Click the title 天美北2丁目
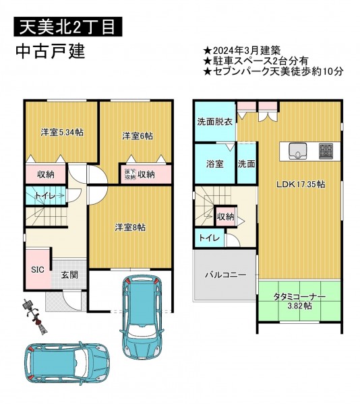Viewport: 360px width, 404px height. tap(67, 26)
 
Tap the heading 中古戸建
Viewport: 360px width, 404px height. tap(51, 52)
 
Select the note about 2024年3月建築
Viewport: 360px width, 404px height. tap(241, 50)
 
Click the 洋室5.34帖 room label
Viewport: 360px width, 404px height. tap(62, 133)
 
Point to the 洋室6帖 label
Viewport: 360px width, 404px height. tap(138, 136)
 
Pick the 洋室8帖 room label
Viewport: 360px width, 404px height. tap(130, 228)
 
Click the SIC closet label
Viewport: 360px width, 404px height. tap(38, 270)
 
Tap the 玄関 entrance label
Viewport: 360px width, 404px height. tap(69, 275)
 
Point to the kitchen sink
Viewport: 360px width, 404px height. tap(297, 151)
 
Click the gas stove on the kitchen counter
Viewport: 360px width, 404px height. tap(326, 151)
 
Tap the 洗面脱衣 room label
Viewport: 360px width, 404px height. tap(215, 122)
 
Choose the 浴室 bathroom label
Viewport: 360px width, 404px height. tap(214, 164)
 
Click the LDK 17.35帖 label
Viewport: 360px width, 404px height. tap(301, 184)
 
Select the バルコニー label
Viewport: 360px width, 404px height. tap(226, 275)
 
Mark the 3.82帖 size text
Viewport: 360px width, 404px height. tap(299, 306)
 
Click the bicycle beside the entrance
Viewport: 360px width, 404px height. tap(35, 318)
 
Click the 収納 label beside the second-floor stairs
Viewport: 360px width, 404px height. tap(226, 217)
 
